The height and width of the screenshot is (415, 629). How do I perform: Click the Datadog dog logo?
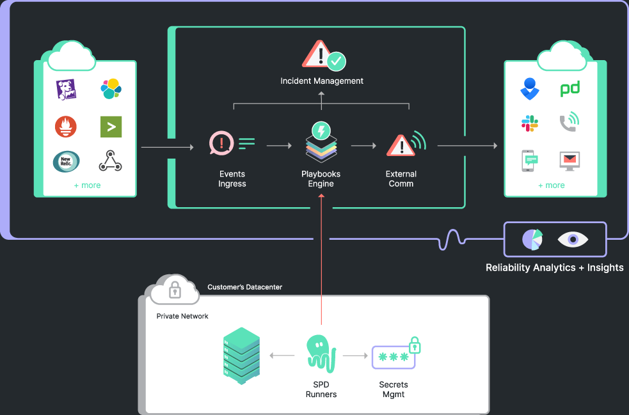pyautogui.click(x=66, y=90)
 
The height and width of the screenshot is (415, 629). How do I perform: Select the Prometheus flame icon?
pyautogui.click(x=66, y=126)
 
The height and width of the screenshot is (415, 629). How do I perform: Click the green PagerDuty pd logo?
pyautogui.click(x=569, y=89)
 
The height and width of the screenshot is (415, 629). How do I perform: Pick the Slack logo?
pyautogui.click(x=530, y=123)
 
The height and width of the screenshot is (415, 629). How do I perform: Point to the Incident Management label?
pyautogui.click(x=322, y=81)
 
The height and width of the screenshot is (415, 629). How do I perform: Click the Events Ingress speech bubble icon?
pyautogui.click(x=221, y=144)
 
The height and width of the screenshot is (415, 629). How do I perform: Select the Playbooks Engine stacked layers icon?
pyautogui.click(x=321, y=146)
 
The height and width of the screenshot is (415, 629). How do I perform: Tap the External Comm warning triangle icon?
pyautogui.click(x=401, y=146)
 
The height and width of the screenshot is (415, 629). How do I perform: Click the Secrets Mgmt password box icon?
pyautogui.click(x=394, y=357)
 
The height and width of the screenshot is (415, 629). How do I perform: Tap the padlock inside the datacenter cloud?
pyautogui.click(x=175, y=291)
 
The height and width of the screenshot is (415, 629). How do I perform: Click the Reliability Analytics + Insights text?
pyautogui.click(x=554, y=267)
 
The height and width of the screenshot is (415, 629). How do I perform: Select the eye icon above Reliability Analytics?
pyautogui.click(x=573, y=239)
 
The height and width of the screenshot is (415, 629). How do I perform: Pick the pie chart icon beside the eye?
pyautogui.click(x=532, y=239)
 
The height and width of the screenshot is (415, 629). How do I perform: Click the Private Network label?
pyautogui.click(x=182, y=316)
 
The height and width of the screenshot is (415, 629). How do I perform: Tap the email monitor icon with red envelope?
pyautogui.click(x=569, y=160)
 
